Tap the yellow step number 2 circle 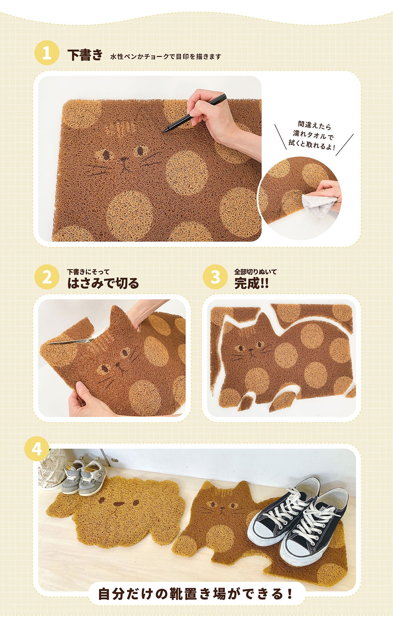coord(47,277)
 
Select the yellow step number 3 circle coord(215,277)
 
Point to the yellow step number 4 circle coord(37,448)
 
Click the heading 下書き coord(85,55)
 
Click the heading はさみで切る coord(103,283)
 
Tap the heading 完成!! coord(252,283)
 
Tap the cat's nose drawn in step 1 coord(123,160)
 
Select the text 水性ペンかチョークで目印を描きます coord(166,56)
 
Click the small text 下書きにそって coord(88,272)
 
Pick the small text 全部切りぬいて coord(255,272)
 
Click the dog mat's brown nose coord(118,504)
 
